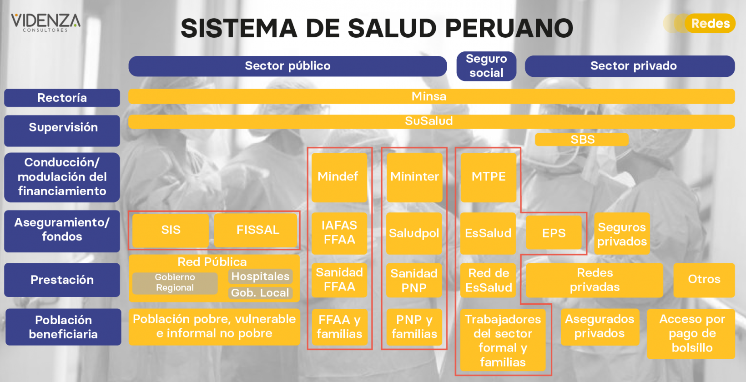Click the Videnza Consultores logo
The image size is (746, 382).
point(45,23)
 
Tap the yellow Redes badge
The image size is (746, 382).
point(710,23)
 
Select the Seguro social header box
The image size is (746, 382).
point(486,66)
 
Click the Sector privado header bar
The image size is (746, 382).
point(630,66)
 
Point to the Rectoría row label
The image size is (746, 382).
point(62,98)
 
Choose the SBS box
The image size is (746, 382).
point(582,139)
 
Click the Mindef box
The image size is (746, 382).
point(339,177)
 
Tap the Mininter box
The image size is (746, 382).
point(414,177)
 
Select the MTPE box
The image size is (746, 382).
point(489,177)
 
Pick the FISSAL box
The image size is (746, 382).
point(256,230)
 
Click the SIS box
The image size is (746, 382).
point(171,230)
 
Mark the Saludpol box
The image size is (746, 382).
point(414,233)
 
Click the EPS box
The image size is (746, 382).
point(554,232)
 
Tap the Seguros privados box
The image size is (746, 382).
point(622,233)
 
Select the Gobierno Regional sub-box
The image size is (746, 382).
point(175,283)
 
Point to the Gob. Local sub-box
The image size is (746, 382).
point(260,293)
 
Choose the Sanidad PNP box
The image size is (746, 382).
point(414,280)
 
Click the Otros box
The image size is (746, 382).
point(704,280)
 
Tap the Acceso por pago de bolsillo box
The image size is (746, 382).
point(691,334)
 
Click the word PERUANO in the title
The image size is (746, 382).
point(509,28)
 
